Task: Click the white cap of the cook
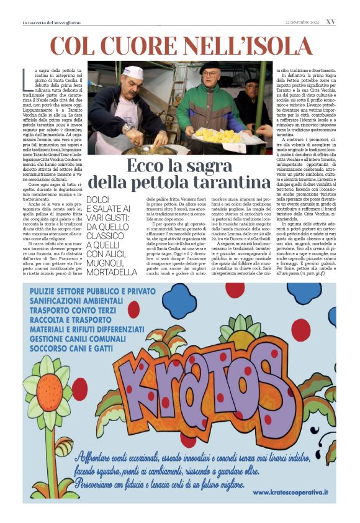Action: [133, 72]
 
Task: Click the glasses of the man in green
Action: [211, 75]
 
